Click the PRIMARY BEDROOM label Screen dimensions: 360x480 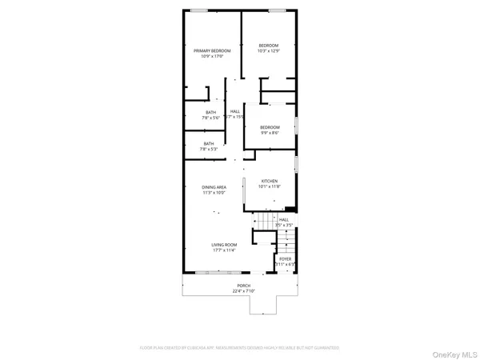click(x=212, y=50)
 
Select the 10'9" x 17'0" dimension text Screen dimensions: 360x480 click(x=212, y=56)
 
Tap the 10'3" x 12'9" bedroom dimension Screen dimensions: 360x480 click(x=268, y=50)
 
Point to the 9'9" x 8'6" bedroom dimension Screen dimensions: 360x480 click(x=270, y=133)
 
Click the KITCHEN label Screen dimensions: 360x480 click(x=270, y=182)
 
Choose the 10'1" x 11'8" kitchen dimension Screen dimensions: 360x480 click(x=270, y=187)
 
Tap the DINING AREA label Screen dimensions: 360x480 click(x=214, y=187)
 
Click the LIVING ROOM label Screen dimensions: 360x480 click(x=224, y=245)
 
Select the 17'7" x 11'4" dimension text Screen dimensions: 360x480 click(x=224, y=250)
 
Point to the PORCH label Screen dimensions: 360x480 click(x=243, y=286)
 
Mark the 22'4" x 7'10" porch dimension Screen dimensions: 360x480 click(x=243, y=291)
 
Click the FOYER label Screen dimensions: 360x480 click(x=285, y=259)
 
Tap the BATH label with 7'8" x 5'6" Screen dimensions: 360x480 click(x=210, y=112)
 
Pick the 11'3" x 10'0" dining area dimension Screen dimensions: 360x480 click(x=214, y=193)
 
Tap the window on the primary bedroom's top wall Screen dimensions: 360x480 click(x=199, y=10)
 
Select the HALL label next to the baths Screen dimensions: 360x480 click(x=235, y=111)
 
